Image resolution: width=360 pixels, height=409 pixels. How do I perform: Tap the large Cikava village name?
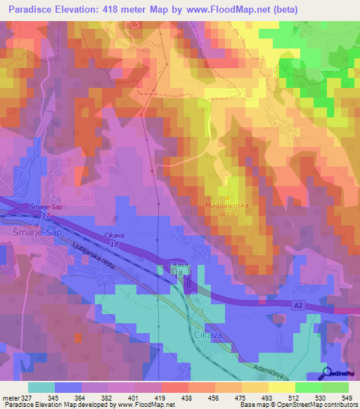(210, 335)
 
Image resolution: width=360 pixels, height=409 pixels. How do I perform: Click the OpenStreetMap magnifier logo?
(325, 373)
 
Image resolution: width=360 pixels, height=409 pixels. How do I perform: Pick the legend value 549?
(346, 398)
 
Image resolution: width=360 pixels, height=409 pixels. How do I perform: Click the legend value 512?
(295, 398)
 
